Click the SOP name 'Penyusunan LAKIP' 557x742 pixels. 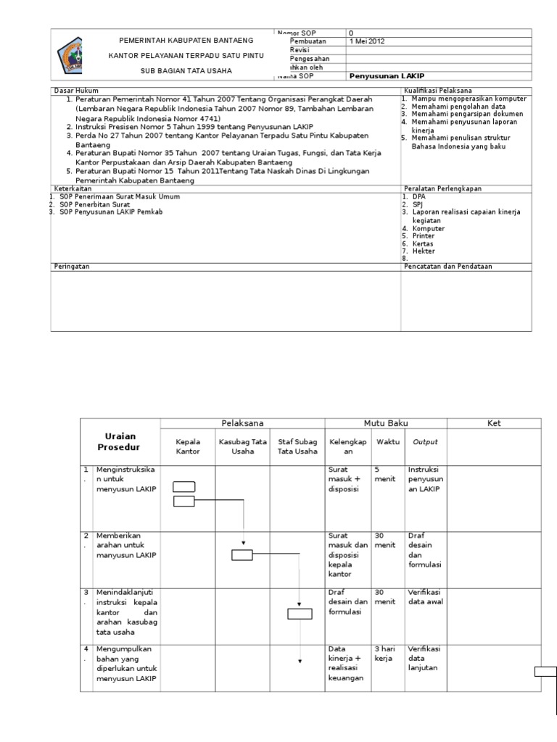tap(387, 76)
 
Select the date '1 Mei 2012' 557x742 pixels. tap(367, 41)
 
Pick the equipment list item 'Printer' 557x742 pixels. tap(424, 236)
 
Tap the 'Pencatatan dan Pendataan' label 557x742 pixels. tap(448, 267)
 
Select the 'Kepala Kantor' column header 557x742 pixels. tap(187, 446)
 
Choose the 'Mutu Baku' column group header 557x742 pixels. tap(385, 423)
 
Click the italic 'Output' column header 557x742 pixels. tap(425, 442)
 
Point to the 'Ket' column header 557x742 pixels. tap(493, 423)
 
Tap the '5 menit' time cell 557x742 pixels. tap(382, 474)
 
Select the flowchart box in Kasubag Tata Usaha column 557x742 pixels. tap(242, 555)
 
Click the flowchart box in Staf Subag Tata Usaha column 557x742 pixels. tap(300, 614)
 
